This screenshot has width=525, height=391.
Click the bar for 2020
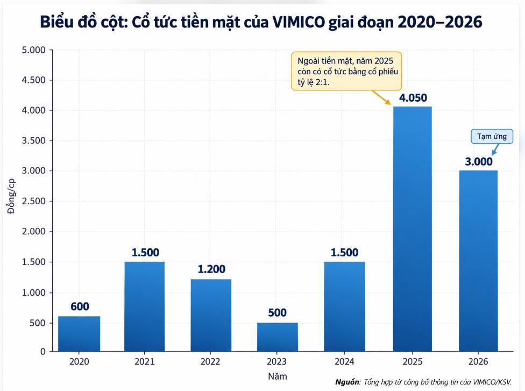point(79,334)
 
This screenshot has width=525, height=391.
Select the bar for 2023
point(277,337)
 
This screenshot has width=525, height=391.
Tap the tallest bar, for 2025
point(413,229)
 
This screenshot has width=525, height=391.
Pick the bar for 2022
point(211,315)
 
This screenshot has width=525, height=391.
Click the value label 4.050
point(413,98)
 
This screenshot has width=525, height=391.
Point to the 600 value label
point(80,306)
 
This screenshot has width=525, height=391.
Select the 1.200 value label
point(211,269)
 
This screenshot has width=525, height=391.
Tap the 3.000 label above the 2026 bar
point(478,162)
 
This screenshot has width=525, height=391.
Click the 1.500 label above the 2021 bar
point(145,253)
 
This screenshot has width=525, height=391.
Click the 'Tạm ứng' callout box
point(492,136)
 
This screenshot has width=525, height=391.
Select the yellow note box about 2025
point(346,71)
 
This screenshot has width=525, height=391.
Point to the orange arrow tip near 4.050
point(391,104)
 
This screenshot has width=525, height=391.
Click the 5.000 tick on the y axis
point(33,50)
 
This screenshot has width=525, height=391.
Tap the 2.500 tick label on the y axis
point(33,201)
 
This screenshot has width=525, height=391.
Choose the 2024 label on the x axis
point(344,361)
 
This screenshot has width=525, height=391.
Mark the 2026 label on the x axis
point(478,361)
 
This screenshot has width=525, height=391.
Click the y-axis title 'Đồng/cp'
point(11,196)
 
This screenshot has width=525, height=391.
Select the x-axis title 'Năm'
point(278,376)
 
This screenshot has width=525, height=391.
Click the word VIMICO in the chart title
point(299,22)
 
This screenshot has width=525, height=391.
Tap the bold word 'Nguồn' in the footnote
point(347,382)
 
